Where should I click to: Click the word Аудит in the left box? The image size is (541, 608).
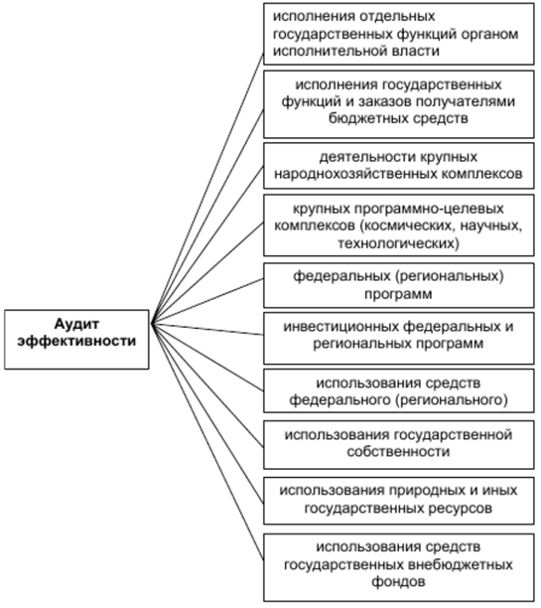click(76, 324)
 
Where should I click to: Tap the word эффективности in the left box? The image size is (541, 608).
click(76, 341)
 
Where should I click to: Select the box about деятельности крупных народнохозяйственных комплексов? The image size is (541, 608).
click(398, 166)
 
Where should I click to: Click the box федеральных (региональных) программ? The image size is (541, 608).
click(398, 285)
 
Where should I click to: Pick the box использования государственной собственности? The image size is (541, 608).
click(398, 444)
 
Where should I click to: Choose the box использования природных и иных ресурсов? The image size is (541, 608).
click(398, 501)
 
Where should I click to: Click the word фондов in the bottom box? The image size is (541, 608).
click(398, 581)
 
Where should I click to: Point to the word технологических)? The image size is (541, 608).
click(398, 243)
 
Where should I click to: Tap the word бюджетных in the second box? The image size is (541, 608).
click(366, 118)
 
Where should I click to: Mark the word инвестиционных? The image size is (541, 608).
click(341, 327)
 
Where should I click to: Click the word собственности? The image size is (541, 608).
click(398, 452)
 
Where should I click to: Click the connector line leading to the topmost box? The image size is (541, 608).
click(206, 189)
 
